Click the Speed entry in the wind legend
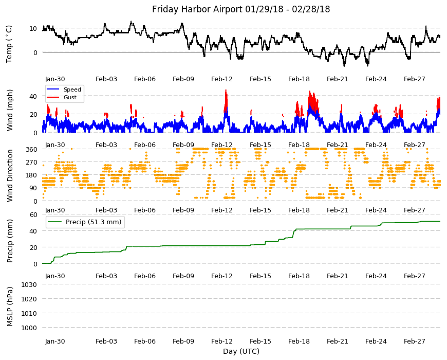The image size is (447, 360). pyautogui.click(x=72, y=89)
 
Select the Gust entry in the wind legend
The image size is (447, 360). pyautogui.click(x=70, y=97)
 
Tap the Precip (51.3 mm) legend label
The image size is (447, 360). pyautogui.click(x=94, y=222)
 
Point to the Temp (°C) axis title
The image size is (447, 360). pyautogui.click(x=9, y=44)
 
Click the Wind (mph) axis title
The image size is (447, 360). pyautogui.click(x=10, y=110)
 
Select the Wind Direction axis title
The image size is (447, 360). pyautogui.click(x=10, y=175)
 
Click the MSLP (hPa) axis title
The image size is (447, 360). pyautogui.click(x=10, y=307)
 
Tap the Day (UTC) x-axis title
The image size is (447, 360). pyautogui.click(x=241, y=351)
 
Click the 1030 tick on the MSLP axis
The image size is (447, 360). pyautogui.click(x=29, y=285)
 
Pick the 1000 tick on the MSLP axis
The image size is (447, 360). pyautogui.click(x=29, y=328)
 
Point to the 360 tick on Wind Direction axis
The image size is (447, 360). pyautogui.click(x=32, y=150)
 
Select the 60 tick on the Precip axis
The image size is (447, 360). pyautogui.click(x=33, y=214)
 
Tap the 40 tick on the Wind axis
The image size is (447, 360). pyautogui.click(x=33, y=96)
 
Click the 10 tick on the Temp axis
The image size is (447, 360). pyautogui.click(x=33, y=28)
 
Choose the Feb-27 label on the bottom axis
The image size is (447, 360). pyautogui.click(x=414, y=341)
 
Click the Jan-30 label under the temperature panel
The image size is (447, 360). pyautogui.click(x=55, y=79)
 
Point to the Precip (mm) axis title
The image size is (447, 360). pyautogui.click(x=10, y=241)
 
